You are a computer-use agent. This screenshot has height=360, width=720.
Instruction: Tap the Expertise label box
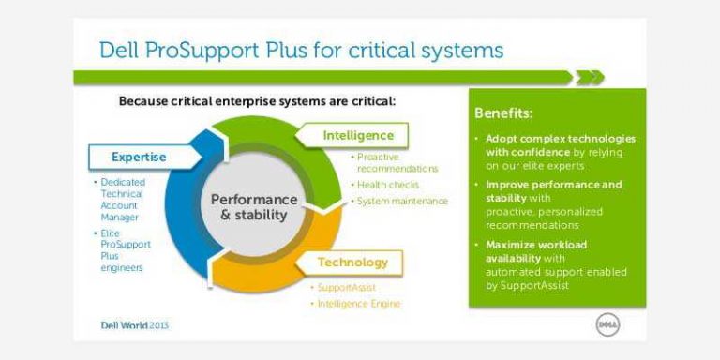141,157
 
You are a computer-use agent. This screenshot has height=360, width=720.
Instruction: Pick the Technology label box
352,262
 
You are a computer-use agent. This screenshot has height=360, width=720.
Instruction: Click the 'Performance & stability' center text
253,207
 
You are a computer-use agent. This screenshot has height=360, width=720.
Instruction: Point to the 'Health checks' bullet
388,185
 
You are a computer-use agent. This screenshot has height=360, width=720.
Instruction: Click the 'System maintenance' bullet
402,201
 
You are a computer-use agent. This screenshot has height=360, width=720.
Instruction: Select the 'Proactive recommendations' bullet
397,162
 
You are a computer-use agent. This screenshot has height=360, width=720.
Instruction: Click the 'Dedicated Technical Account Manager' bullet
121,199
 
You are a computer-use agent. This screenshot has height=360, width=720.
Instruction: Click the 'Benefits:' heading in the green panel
503,113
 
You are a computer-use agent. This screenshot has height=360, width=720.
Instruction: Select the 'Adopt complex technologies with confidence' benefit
559,152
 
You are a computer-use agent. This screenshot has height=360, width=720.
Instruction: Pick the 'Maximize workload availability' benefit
555,264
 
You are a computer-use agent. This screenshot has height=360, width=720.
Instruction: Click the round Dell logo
607,324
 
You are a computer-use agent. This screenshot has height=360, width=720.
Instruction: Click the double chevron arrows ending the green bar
590,78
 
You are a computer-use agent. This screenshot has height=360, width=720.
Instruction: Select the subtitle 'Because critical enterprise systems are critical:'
257,100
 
